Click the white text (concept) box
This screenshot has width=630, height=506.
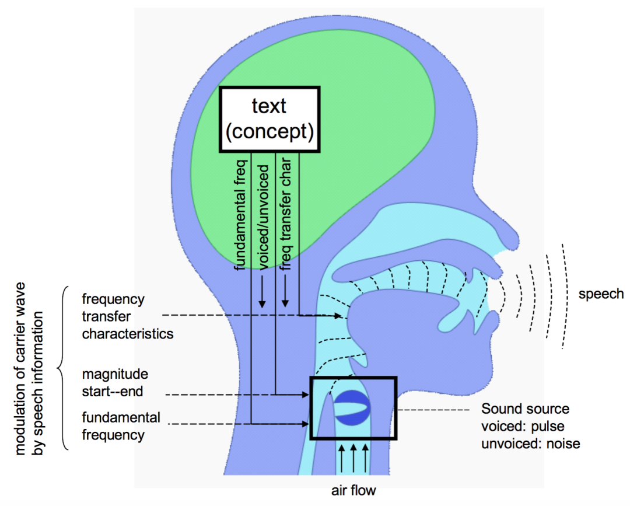tap(269, 120)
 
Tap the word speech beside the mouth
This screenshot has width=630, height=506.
tap(601, 294)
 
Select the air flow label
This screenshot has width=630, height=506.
tap(353, 490)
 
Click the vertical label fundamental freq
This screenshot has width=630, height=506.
tap(240, 215)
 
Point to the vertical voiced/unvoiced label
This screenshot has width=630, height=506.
tap(262, 217)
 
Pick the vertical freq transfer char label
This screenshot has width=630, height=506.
tap(286, 214)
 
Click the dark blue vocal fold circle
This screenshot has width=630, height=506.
tap(352, 407)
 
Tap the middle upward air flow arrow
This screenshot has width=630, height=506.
tap(353, 458)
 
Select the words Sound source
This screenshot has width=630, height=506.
tap(525, 409)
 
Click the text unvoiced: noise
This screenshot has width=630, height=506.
tap(531, 444)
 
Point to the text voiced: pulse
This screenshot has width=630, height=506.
tap(523, 427)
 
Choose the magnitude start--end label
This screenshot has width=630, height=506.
tap(115, 383)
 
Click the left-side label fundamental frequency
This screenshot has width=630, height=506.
tap(121, 426)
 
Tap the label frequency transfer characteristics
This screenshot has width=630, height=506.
tap(127, 316)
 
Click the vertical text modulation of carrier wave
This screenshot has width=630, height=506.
tap(19, 368)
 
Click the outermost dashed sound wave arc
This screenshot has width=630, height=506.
tap(566, 296)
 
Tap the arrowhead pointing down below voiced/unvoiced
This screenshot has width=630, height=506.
tap(262, 303)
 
